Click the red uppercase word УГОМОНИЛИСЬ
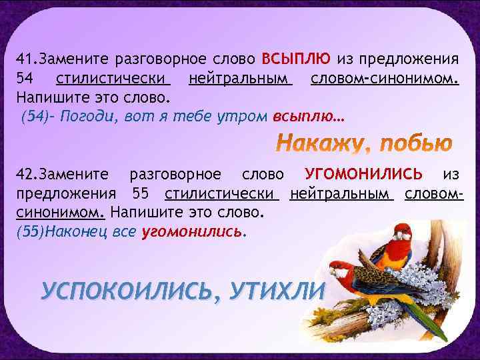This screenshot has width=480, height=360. point(363,175)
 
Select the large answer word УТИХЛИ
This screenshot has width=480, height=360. point(275,291)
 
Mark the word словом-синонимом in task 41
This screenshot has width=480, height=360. point(385,80)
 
